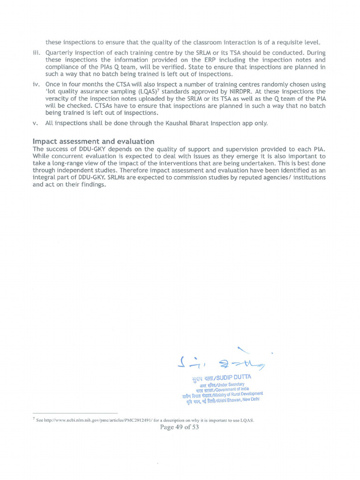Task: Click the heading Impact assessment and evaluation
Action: pyautogui.click(x=93, y=141)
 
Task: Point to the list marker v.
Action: pyautogui.click(x=36, y=123)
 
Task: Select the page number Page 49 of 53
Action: pyautogui.click(x=180, y=427)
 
